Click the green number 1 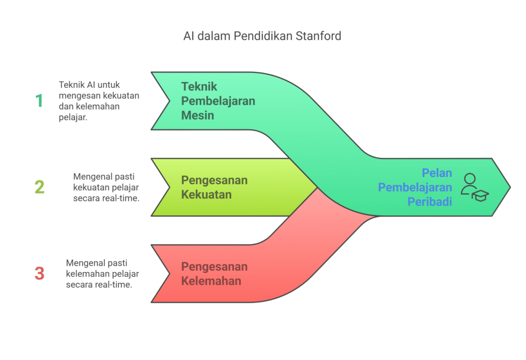(39, 101)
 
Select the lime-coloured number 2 (40, 187)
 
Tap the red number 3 (40, 273)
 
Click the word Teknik (199, 86)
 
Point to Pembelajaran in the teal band (218, 101)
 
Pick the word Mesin (197, 115)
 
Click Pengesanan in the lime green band (214, 180)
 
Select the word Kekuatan (206, 195)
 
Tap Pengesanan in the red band (214, 267)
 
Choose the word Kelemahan (211, 281)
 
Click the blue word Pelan (437, 173)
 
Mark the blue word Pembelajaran (415, 187)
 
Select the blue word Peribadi (430, 202)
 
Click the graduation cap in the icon (480, 195)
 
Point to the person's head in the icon (469, 179)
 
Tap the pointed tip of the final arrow (509, 187)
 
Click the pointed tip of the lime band (316, 187)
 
